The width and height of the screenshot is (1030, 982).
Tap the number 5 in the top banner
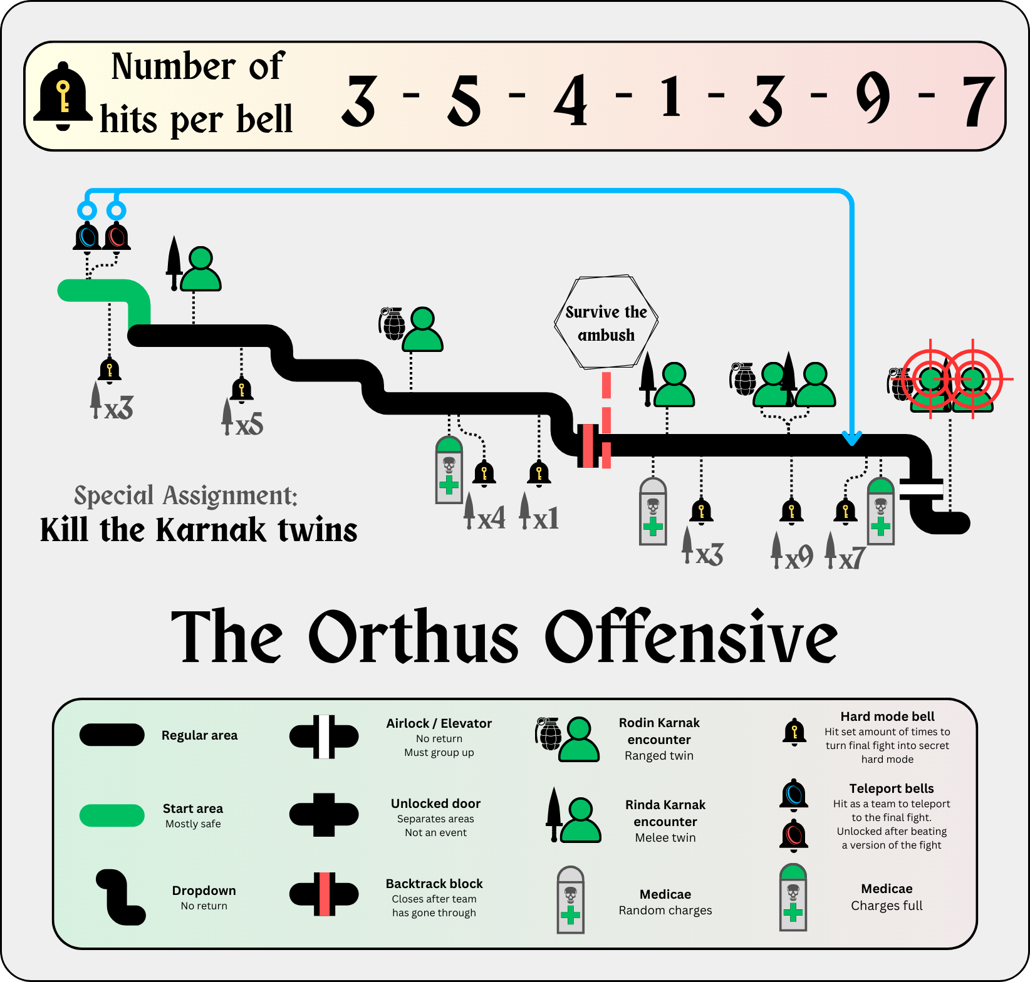pyautogui.click(x=465, y=100)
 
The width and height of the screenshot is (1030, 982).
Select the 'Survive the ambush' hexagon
pyautogui.click(x=606, y=322)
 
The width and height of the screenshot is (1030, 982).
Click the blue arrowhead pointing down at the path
pyautogui.click(x=851, y=438)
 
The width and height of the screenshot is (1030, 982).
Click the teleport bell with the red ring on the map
pyautogui.click(x=116, y=236)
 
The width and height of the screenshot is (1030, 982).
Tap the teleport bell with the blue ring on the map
pyautogui.click(x=87, y=236)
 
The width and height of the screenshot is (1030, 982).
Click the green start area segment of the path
pyautogui.click(x=103, y=291)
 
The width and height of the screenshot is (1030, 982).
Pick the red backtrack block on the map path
pyautogui.click(x=588, y=446)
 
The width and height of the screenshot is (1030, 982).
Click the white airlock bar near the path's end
pyautogui.click(x=921, y=488)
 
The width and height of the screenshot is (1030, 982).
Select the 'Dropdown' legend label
pyautogui.click(x=204, y=891)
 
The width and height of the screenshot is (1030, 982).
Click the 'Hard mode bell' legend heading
pyautogui.click(x=887, y=716)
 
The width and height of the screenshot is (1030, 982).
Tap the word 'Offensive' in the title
pyautogui.click(x=690, y=638)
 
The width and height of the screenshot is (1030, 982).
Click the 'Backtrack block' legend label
pyautogui.click(x=434, y=884)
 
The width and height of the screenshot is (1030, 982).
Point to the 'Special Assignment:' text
pyautogui.click(x=185, y=495)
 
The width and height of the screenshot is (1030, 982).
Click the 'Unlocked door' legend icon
pyautogui.click(x=324, y=815)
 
